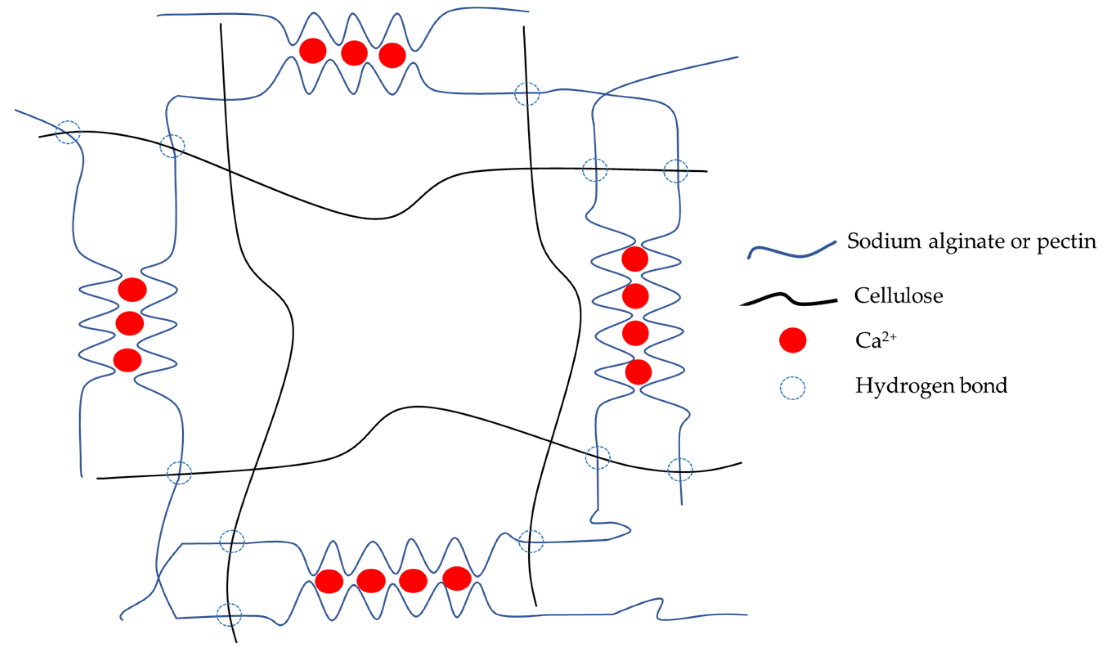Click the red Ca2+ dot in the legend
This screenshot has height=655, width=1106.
(793, 340)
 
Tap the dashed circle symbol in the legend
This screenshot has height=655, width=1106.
(792, 388)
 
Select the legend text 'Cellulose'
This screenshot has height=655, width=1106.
(898, 295)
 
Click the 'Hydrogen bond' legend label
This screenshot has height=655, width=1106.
(931, 385)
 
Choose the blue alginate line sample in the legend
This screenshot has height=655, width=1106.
(791, 250)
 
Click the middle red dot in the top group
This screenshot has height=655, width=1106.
(354, 53)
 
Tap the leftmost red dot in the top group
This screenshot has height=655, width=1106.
(312, 51)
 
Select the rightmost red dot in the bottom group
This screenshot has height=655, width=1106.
(457, 578)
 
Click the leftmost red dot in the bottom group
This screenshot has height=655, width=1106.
(329, 581)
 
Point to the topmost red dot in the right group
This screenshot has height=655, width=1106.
(635, 259)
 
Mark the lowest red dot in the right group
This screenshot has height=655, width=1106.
(638, 372)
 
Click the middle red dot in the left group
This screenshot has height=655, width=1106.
(129, 323)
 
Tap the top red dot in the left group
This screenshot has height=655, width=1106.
(132, 289)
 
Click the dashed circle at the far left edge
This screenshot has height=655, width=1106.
(68, 132)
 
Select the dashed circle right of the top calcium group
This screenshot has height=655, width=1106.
(527, 94)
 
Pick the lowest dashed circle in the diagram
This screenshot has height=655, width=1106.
(229, 615)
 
